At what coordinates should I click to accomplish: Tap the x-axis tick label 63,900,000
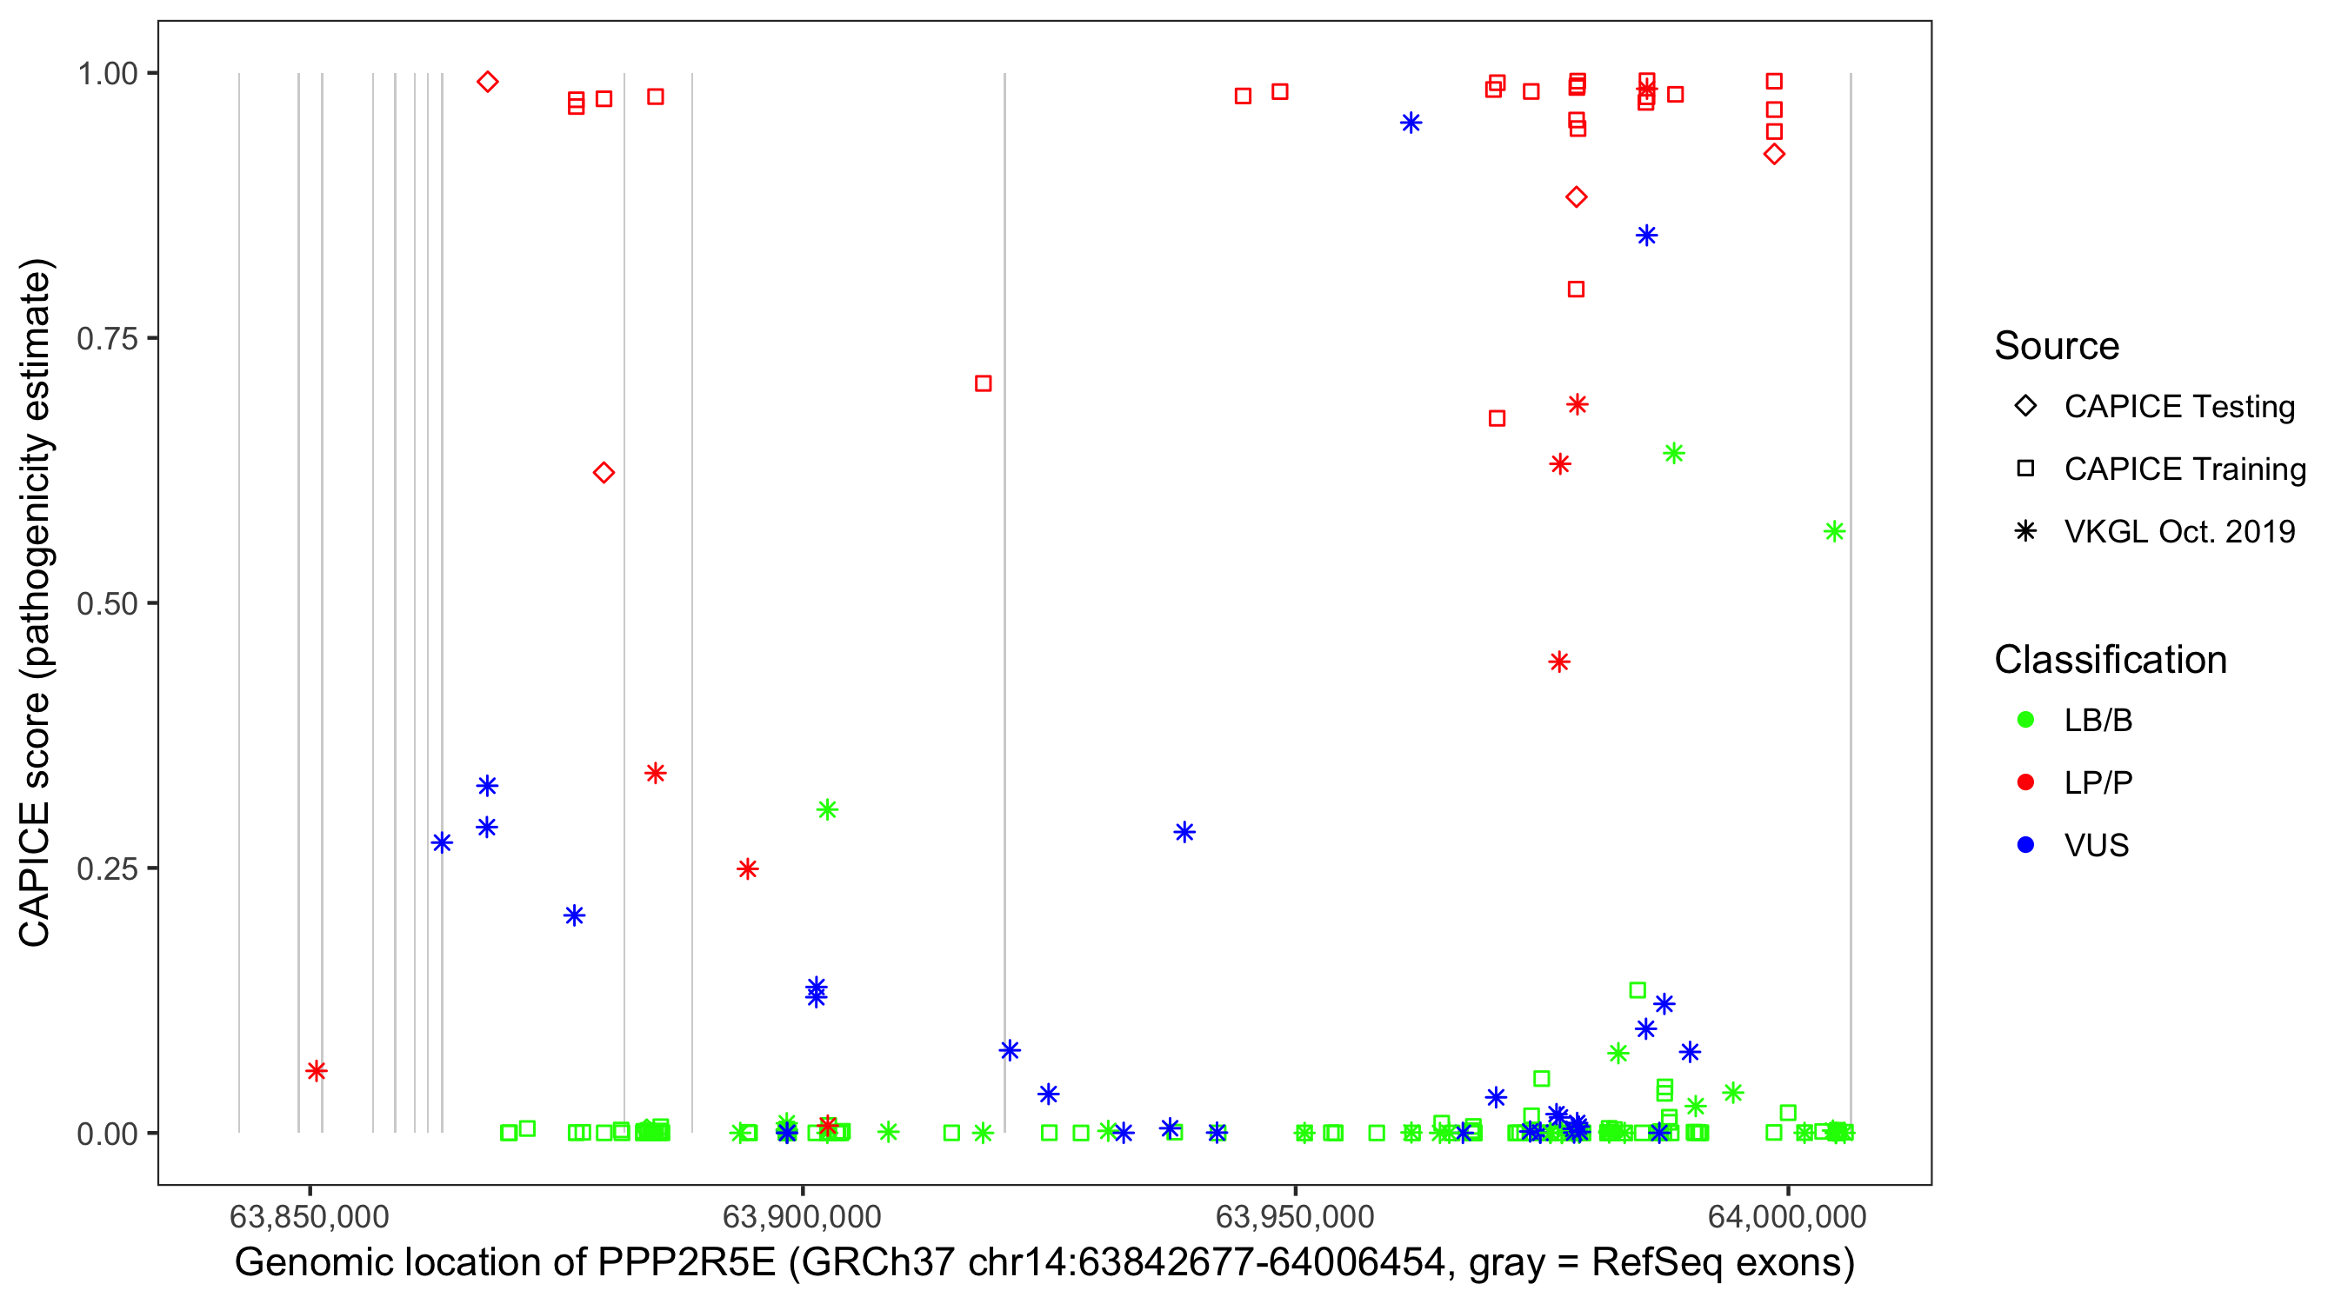pos(801,1216)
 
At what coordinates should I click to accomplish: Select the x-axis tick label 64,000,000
pos(1786,1216)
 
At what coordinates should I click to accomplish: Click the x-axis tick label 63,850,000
pos(309,1216)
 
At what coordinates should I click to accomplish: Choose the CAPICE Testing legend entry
pos(2178,407)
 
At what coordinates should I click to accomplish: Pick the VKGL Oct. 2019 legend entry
pos(2178,531)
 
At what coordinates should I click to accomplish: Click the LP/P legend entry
pos(2098,782)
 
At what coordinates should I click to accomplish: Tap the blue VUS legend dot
pos(2025,845)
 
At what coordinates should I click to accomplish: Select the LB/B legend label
pos(2098,720)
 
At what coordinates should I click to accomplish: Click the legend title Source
pos(2057,346)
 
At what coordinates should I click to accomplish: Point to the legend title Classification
pos(2110,660)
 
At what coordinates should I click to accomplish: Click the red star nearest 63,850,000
pos(317,1071)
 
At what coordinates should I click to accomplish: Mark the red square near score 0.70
pos(983,383)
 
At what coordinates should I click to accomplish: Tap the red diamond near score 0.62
pos(604,473)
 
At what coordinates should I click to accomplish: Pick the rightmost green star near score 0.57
pos(1834,531)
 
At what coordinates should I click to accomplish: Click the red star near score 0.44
pos(1558,662)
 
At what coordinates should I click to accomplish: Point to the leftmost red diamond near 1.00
pos(488,82)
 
